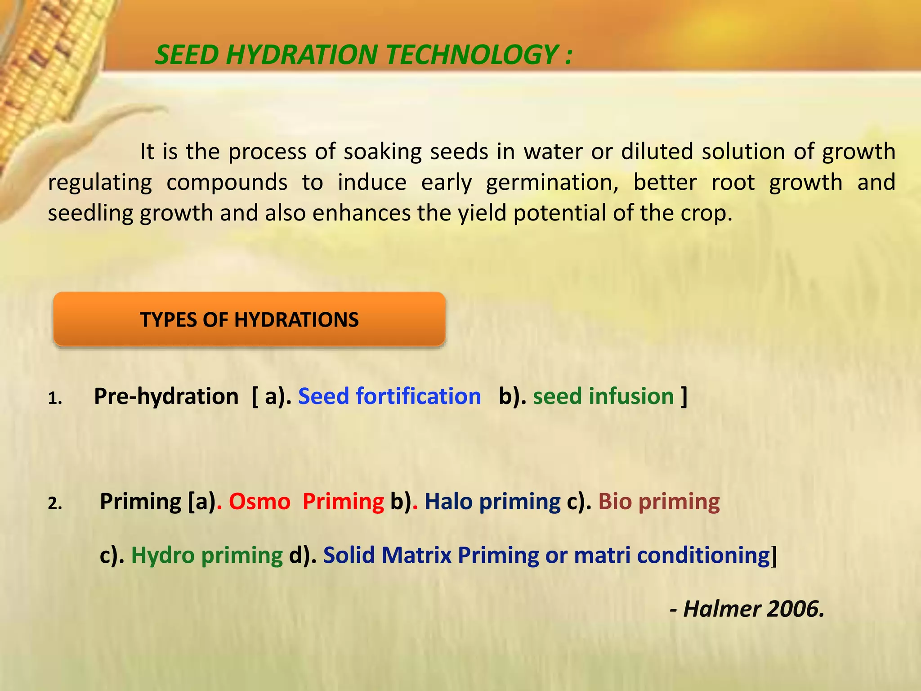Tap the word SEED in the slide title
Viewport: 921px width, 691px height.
186,55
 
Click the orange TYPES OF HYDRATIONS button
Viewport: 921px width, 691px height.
249,319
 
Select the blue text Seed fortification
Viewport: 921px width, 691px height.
389,396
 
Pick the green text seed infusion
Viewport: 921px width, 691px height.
603,396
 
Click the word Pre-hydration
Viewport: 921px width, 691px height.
166,396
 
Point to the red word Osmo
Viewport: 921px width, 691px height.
259,502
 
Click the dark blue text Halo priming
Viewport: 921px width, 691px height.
492,502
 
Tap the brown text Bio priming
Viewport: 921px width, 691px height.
658,502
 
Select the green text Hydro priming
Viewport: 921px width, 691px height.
207,555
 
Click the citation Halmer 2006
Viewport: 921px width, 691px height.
753,609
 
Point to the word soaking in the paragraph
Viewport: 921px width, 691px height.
382,152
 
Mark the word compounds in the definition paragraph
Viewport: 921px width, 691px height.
227,183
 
